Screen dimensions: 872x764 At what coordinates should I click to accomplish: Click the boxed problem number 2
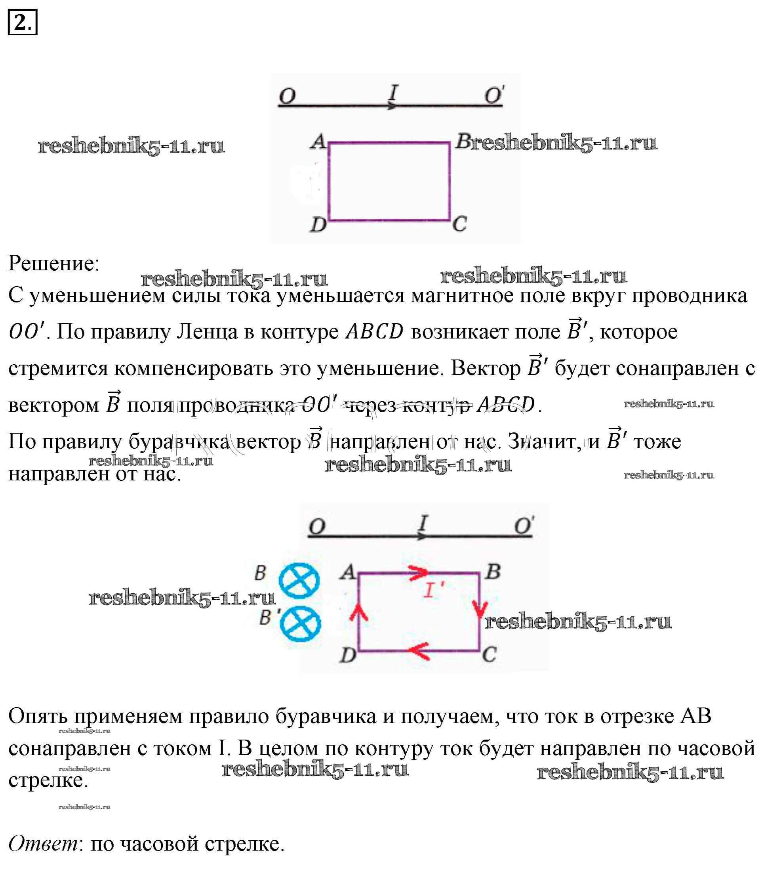pyautogui.click(x=22, y=22)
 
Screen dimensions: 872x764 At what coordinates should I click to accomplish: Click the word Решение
pyautogui.click(x=54, y=263)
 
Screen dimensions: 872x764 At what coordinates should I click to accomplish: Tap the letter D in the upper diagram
pyautogui.click(x=318, y=224)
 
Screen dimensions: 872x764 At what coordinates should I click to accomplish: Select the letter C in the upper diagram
pyautogui.click(x=459, y=224)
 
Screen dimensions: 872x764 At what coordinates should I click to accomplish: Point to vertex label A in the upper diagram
pyautogui.click(x=318, y=142)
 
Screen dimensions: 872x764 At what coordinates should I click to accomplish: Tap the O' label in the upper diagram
pyautogui.click(x=495, y=95)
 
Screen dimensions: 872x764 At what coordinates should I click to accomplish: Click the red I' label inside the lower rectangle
pyautogui.click(x=433, y=591)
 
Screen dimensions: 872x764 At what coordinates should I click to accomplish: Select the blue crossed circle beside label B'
pyautogui.click(x=300, y=624)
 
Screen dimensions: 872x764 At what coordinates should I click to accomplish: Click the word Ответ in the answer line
pyautogui.click(x=43, y=843)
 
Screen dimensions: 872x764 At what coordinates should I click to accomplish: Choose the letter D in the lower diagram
pyautogui.click(x=348, y=655)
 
